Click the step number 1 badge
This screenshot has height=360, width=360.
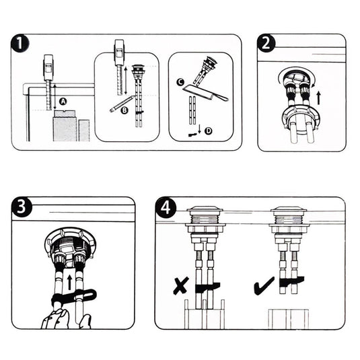tap(20, 43)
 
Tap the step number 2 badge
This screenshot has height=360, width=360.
tap(266, 43)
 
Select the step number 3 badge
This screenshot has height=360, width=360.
tap(21, 207)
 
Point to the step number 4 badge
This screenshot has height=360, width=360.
tap(166, 209)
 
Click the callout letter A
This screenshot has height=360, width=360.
tap(63, 101)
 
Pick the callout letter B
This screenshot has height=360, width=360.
tap(124, 110)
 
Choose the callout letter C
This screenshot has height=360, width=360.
tap(180, 82)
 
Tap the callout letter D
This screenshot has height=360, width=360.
tap(208, 131)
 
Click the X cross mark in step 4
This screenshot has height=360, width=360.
tap(181, 285)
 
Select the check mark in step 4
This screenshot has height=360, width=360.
tap(264, 286)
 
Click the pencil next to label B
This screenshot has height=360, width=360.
tap(122, 104)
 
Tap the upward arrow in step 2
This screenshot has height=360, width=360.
tap(318, 98)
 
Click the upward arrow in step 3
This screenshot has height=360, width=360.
tap(69, 282)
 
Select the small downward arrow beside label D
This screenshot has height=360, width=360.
tap(199, 129)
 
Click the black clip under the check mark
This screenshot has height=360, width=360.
tap(291, 281)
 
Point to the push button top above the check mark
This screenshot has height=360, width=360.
tap(289, 209)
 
